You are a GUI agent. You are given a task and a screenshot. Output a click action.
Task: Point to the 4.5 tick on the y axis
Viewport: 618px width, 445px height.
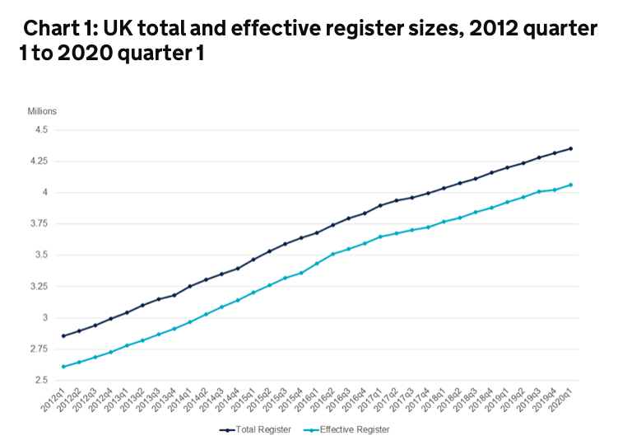coord(40,130)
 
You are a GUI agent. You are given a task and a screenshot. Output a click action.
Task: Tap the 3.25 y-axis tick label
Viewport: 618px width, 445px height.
coord(38,287)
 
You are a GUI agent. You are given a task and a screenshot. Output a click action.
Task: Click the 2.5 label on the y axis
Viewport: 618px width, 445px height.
coord(40,381)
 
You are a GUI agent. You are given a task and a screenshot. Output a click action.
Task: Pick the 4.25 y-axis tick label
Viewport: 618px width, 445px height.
coord(38,162)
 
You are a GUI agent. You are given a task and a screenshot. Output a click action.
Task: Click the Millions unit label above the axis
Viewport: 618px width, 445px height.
coord(42,111)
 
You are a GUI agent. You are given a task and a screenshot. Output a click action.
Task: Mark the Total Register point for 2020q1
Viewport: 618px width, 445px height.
coord(571,148)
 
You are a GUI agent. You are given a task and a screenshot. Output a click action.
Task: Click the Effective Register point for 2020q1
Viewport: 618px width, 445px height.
coord(571,185)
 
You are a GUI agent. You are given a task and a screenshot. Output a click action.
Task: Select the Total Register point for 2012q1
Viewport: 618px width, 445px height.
coord(63,335)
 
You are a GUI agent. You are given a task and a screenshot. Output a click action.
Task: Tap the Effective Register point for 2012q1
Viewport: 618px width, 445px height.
coord(63,367)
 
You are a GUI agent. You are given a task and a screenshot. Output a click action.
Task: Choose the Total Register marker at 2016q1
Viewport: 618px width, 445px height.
coord(317,232)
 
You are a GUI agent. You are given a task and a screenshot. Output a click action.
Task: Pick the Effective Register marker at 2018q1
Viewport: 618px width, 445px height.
coord(444,222)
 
